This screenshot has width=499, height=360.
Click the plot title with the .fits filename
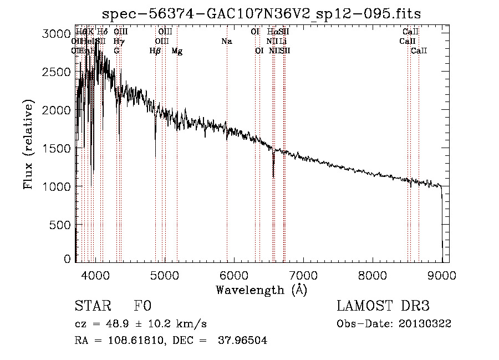tap(262, 13)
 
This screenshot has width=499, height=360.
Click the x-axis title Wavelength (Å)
tap(262, 290)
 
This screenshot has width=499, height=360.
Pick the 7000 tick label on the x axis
tap(303, 275)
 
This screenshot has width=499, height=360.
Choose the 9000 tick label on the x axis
tap(442, 275)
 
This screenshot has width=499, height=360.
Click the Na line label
tap(226, 42)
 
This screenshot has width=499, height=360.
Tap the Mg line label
tap(177, 51)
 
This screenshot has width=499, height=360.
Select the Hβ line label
tap(155, 51)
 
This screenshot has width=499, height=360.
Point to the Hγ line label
tap(119, 42)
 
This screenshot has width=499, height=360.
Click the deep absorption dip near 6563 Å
tap(273, 169)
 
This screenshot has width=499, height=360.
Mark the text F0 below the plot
tap(142, 306)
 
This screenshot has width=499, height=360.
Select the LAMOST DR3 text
tap(383, 306)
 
